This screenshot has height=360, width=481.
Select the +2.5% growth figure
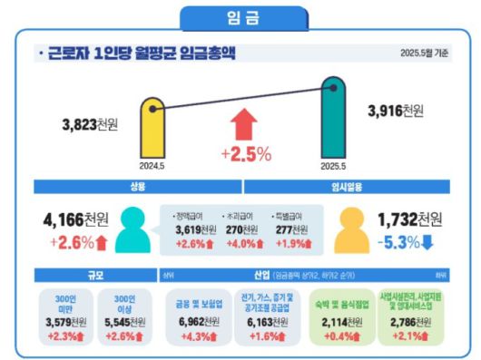246,154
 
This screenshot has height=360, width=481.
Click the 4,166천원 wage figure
76,220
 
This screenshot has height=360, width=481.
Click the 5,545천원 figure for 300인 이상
120,322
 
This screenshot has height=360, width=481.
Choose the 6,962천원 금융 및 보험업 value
196,322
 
